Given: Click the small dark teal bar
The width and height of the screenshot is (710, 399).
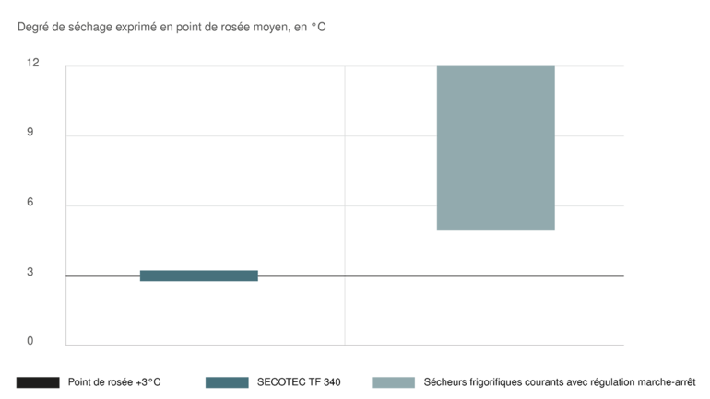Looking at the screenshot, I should click(x=198, y=275).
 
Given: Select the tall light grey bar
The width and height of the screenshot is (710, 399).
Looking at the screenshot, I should click(x=495, y=147).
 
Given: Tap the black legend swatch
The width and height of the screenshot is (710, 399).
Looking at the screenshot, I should click(x=38, y=381).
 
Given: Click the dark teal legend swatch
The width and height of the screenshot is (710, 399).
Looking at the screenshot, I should click(x=227, y=381).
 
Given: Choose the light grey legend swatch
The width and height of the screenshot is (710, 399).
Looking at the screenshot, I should click(x=392, y=381).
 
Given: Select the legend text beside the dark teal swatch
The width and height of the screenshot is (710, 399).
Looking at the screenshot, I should click(x=299, y=381).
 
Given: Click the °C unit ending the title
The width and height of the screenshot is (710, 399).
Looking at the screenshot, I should click(x=320, y=28).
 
